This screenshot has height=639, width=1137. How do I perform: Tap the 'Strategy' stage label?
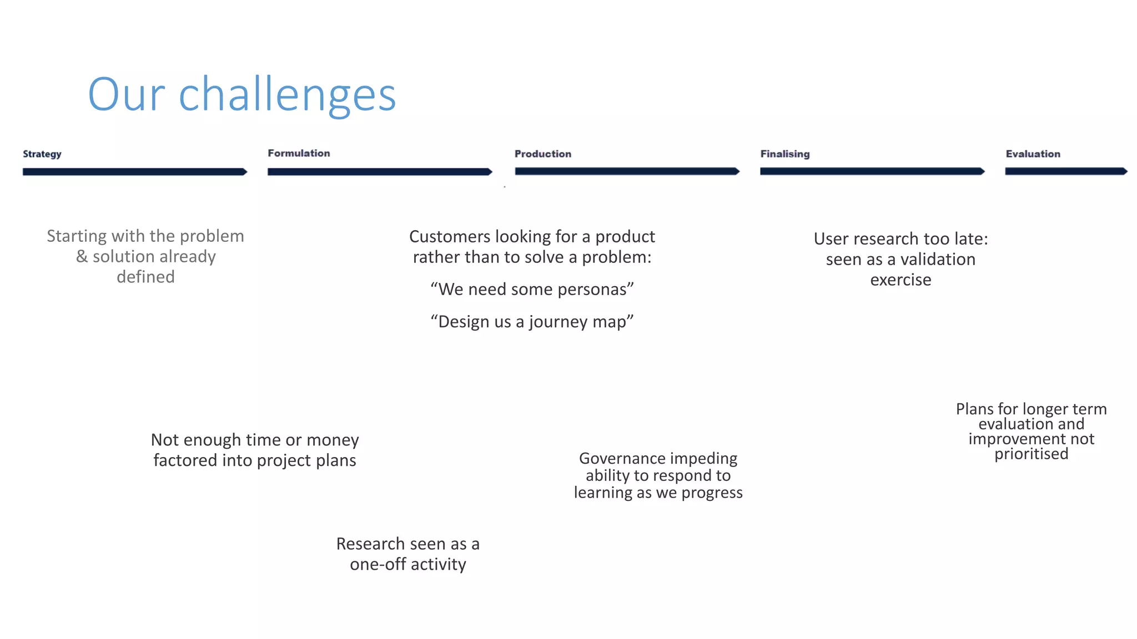pos(42,154)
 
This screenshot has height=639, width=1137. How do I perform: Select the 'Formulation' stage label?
pos(299,153)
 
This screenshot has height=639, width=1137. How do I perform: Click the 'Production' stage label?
pos(542,154)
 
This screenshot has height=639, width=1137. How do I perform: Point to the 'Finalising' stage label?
pos(784,154)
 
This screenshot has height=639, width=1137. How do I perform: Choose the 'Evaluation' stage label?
pos(1033,154)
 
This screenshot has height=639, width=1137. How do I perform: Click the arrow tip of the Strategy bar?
pos(244,172)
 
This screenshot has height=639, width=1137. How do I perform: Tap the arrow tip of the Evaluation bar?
pos(1124,171)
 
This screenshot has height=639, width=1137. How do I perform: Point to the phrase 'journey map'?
pos(577,322)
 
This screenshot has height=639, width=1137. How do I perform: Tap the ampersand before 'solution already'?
pos(82,257)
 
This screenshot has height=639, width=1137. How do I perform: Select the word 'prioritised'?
pos(1031,454)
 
